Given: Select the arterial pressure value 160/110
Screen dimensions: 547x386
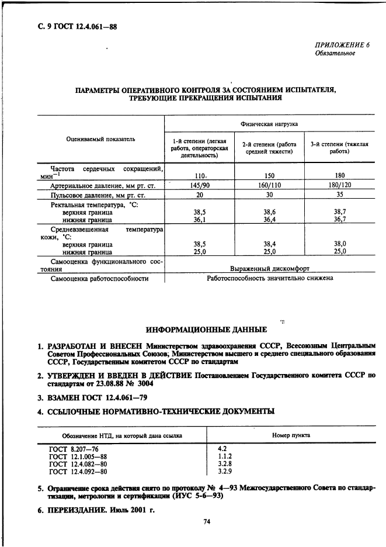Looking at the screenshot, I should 269,185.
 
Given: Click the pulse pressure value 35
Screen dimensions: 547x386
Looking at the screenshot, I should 340,195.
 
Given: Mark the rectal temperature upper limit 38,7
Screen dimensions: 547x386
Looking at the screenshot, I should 340,212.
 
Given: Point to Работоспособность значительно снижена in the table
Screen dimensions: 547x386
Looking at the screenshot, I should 270,278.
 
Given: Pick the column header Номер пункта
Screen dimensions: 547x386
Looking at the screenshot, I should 291,435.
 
